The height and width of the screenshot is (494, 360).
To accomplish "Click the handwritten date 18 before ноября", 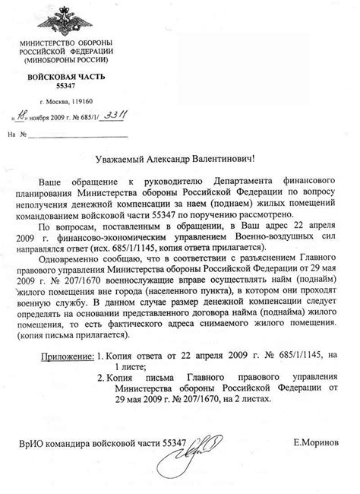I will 25,116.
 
